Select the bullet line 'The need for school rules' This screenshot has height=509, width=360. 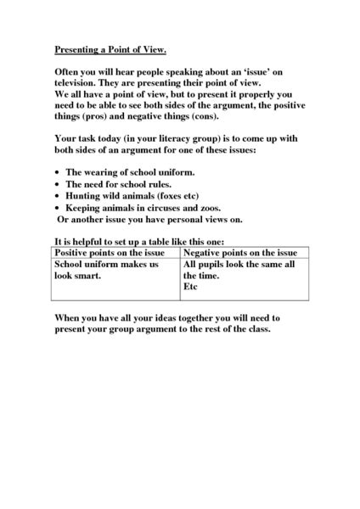pos(118,183)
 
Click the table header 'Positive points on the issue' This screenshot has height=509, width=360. pos(116,253)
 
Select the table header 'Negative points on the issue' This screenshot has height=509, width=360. pos(241,253)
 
